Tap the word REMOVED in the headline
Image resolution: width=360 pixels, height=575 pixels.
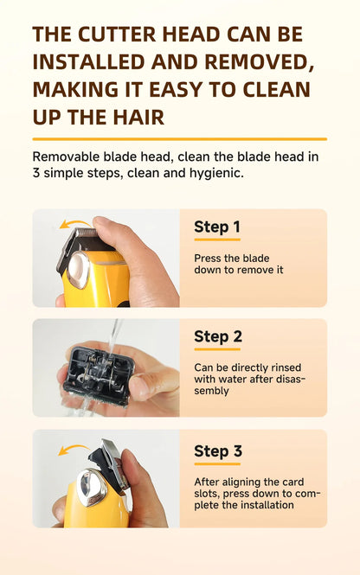(247, 62)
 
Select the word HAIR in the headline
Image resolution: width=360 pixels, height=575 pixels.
(142, 117)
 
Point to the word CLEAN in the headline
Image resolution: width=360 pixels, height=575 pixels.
(273, 89)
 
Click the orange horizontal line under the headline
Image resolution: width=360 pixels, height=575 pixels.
(179, 138)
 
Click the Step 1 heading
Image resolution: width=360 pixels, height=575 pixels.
(217, 227)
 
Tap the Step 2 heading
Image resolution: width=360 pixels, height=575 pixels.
(218, 336)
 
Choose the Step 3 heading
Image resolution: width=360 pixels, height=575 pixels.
(218, 451)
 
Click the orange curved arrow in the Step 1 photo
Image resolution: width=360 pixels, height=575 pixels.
(74, 224)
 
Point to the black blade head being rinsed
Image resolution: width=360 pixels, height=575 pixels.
(100, 373)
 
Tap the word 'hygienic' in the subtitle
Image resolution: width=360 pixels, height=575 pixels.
(217, 172)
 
